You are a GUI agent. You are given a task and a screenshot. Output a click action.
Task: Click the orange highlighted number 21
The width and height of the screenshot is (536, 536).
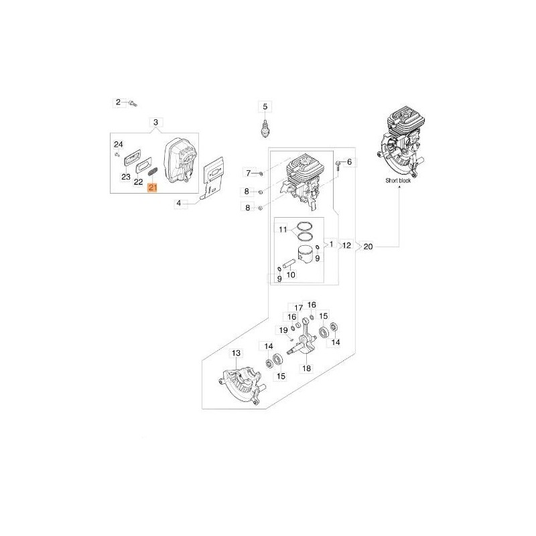(152, 188)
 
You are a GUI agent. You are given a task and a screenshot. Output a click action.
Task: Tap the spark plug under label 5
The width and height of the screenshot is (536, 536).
(264, 129)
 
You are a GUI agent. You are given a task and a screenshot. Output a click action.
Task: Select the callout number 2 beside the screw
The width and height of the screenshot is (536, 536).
(119, 102)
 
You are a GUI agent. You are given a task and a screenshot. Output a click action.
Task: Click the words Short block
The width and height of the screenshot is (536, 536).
(398, 180)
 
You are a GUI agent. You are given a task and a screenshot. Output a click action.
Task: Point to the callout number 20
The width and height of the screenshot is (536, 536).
(368, 246)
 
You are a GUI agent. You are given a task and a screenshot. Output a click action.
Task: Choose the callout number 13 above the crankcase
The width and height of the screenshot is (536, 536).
(237, 353)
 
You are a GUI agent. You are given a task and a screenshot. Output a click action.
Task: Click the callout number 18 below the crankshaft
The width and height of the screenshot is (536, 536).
(307, 368)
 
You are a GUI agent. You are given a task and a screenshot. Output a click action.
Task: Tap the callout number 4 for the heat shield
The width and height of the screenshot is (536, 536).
(179, 204)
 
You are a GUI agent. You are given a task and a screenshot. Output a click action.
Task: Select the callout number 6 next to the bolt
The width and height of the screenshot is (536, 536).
(349, 161)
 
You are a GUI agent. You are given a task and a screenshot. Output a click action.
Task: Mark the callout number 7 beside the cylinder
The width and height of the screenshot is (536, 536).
(249, 174)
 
